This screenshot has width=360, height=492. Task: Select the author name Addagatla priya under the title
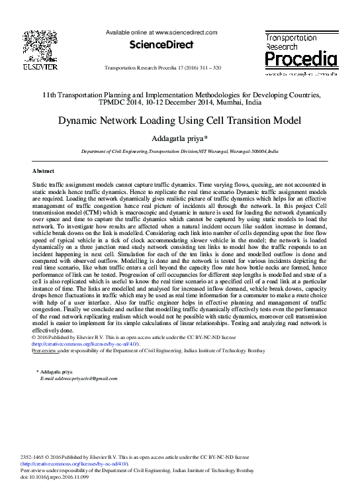pyautogui.click(x=179, y=138)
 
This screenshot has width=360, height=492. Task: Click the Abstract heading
pyautogui.click(x=43, y=171)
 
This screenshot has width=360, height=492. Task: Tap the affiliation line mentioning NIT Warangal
pyautogui.click(x=179, y=152)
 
